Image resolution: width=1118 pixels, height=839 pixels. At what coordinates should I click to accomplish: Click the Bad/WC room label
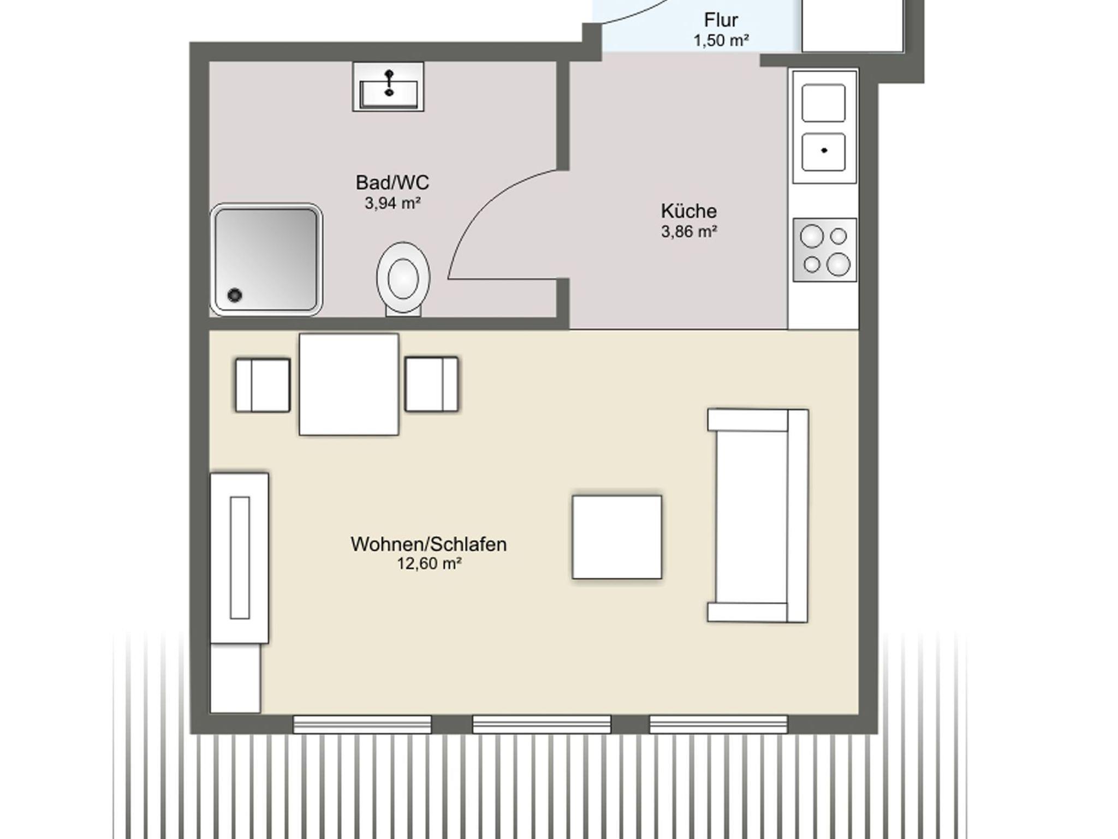pos(392,182)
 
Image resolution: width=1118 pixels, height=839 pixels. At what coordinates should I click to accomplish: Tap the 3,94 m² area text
pos(393,203)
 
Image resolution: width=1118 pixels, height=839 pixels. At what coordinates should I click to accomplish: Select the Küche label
pos(688,211)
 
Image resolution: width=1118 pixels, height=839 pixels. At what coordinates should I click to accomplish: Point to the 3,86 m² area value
pos(689,232)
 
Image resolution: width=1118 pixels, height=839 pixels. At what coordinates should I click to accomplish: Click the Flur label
pos(721,20)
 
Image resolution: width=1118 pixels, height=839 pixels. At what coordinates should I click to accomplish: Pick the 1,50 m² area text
pos(721,40)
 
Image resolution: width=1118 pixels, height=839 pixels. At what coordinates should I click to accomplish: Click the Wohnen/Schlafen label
pos(429,544)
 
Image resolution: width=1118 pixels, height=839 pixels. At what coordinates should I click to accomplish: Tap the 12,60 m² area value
pos(429,564)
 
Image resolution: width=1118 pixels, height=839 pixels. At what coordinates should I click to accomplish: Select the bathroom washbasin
pos(388,87)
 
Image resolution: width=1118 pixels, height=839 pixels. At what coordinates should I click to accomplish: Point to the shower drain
pos(235,295)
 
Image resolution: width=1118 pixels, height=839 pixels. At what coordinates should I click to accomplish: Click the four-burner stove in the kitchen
pos(824,250)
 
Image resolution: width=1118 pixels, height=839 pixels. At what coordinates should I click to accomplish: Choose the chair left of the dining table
pos(263,385)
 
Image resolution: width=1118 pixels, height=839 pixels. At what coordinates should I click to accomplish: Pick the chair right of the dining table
pos(431,384)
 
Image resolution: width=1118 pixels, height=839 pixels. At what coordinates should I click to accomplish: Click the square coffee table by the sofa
pos(617,537)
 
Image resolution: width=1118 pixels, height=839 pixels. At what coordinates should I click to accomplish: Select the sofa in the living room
pos(758,516)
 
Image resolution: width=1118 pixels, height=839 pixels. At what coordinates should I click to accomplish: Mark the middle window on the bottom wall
pos(542,724)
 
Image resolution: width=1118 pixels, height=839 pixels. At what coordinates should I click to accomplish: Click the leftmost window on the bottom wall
pos(362,724)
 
